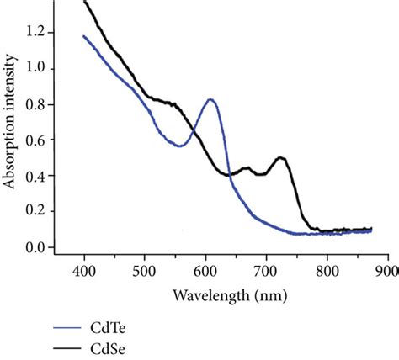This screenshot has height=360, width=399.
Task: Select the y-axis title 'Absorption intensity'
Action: pyautogui.click(x=12, y=134)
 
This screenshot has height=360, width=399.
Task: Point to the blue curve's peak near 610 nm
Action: pyautogui.click(x=210, y=99)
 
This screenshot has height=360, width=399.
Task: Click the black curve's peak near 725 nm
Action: pyautogui.click(x=280, y=157)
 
